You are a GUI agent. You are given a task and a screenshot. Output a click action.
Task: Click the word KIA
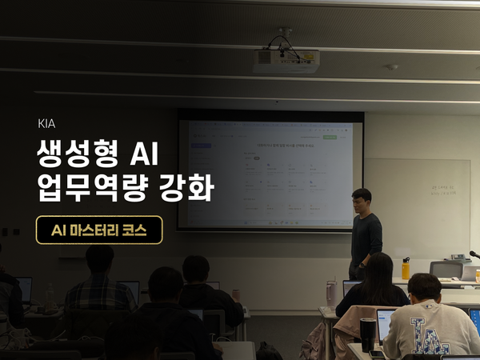(46, 124)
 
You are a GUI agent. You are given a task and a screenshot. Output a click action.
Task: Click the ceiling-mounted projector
(286, 60)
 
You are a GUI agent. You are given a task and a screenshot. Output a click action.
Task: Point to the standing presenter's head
(362, 199)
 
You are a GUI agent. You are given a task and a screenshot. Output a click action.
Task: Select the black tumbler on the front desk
(367, 334)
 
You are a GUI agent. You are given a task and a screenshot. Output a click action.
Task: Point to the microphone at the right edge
(474, 255)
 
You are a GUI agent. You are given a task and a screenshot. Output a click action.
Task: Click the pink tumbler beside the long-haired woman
(330, 292)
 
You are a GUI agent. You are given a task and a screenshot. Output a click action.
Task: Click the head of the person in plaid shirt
(99, 259)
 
